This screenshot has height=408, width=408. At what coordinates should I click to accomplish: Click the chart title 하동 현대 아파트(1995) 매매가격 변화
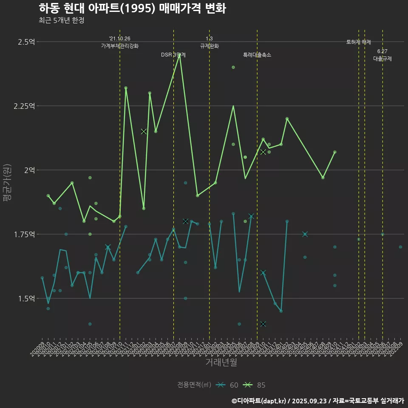[x=132, y=8]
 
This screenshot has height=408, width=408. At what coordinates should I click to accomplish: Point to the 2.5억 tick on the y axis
[x=26, y=42]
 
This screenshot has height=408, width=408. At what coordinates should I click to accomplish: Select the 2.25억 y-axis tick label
[x=24, y=106]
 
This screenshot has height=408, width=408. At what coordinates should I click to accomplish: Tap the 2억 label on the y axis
[x=29, y=170]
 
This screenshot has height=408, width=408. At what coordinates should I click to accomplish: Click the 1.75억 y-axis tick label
[x=24, y=234]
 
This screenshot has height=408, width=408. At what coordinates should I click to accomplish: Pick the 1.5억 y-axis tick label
[x=26, y=298]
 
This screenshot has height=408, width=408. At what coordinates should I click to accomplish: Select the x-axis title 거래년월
[x=221, y=362]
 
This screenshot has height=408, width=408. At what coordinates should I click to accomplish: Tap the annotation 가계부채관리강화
[x=120, y=46]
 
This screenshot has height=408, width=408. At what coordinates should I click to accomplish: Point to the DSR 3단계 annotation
[x=173, y=55]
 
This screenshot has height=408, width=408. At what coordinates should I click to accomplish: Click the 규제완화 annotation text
[x=209, y=46]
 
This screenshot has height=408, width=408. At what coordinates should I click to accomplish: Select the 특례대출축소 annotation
[x=257, y=55]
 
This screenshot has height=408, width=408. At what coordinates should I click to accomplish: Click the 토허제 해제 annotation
[x=359, y=42]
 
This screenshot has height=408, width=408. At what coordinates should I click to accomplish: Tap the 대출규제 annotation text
[x=382, y=59]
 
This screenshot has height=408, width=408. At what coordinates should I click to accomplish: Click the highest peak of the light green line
[x=179, y=55]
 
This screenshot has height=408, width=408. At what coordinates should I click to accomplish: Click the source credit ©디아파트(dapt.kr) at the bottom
[x=259, y=401]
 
